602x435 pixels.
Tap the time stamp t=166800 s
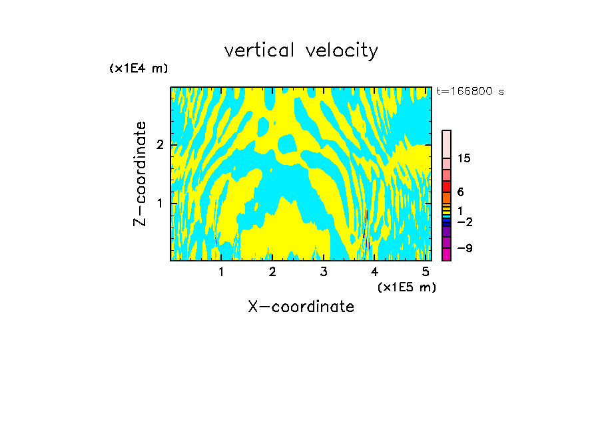tap(469, 92)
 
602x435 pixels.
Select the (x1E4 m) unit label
tap(139, 69)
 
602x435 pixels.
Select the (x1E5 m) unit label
tap(406, 287)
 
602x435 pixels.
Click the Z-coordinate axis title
tap(140, 174)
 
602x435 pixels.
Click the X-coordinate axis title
tap(301, 307)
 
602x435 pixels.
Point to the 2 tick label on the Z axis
tap(159, 145)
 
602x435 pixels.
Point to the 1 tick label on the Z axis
tap(159, 202)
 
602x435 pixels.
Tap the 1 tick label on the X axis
tap(221, 271)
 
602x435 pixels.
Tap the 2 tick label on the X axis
tap(272, 271)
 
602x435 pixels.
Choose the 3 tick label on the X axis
tap(324, 271)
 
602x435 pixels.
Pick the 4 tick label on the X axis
tap(375, 271)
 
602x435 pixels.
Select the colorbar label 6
tap(460, 192)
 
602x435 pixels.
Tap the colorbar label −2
tap(464, 221)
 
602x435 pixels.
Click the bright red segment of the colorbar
tap(447, 186)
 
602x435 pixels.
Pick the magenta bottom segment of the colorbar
tap(447, 254)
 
